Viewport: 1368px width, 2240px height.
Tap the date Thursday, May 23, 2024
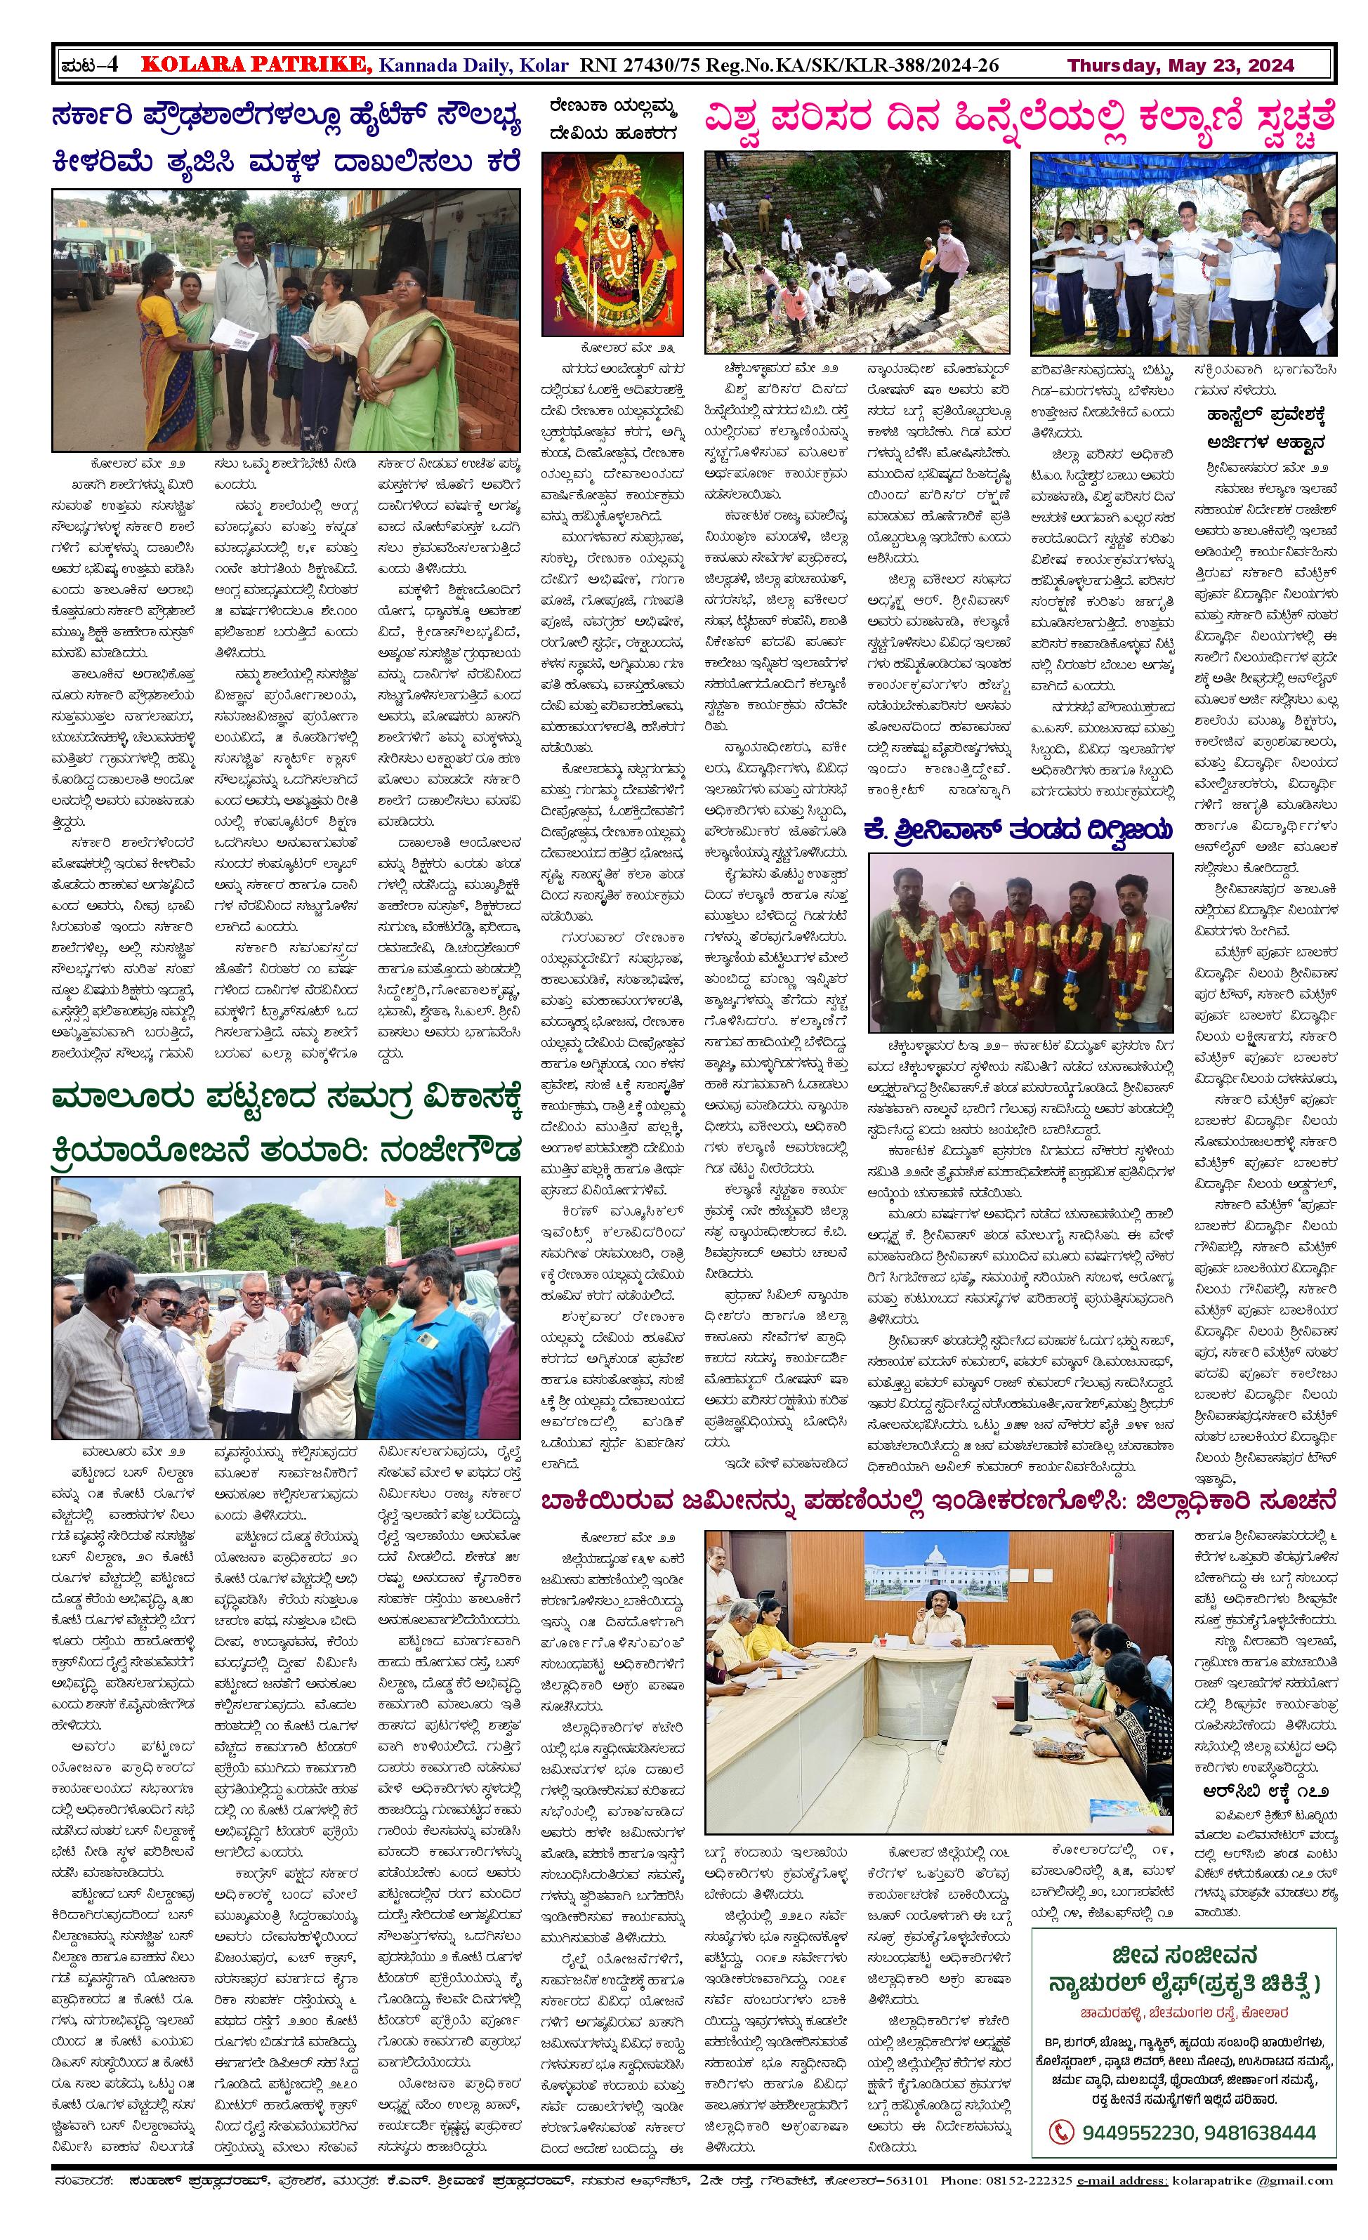1180,65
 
